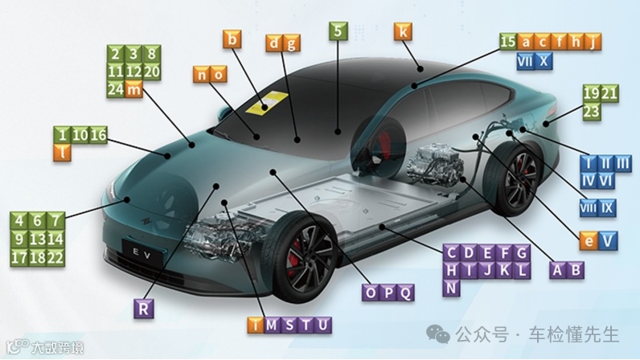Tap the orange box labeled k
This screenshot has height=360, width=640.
pyautogui.click(x=403, y=32)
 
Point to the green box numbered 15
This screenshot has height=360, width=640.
pyautogui.click(x=507, y=42)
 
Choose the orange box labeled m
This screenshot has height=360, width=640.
pyautogui.click(x=134, y=89)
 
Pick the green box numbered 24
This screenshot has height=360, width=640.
pyautogui.click(x=116, y=89)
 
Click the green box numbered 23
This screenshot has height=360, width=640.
pyautogui.click(x=592, y=112)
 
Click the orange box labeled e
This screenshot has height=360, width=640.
pyautogui.click(x=589, y=239)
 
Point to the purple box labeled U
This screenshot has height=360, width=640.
pyautogui.click(x=322, y=325)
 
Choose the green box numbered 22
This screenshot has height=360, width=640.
pyautogui.click(x=55, y=257)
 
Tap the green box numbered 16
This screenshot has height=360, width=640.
pyautogui.click(x=98, y=135)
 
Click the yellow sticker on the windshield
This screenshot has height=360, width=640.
pyautogui.click(x=268, y=103)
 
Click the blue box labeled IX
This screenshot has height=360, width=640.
pyautogui.click(x=608, y=209)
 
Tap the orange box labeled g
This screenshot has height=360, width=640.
pyautogui.click(x=291, y=43)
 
